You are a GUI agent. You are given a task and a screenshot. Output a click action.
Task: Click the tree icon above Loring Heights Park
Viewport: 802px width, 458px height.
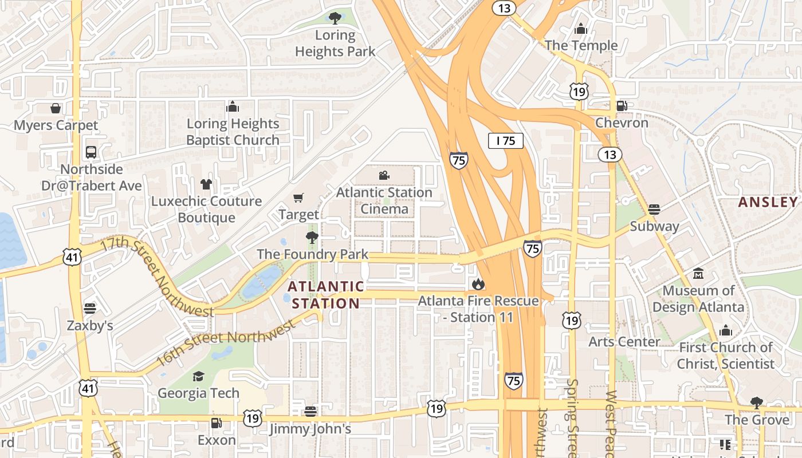[335, 18]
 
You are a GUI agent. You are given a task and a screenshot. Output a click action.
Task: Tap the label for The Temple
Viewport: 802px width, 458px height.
[581, 45]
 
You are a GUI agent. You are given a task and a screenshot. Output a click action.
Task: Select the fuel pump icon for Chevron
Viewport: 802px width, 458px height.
[622, 106]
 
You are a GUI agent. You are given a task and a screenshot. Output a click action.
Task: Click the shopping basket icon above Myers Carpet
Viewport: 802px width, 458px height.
[56, 108]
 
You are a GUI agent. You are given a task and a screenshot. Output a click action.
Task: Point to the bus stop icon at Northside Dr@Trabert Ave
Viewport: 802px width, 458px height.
[91, 152]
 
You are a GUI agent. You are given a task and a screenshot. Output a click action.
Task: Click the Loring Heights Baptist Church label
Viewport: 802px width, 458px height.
[233, 132]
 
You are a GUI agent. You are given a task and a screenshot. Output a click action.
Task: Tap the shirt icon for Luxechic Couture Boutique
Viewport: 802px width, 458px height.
[206, 184]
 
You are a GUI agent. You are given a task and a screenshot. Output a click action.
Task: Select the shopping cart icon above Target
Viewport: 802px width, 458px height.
[298, 198]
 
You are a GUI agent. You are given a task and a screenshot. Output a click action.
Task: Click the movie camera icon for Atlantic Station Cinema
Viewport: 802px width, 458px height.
[384, 176]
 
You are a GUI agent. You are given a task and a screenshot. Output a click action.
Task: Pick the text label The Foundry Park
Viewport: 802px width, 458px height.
[313, 254]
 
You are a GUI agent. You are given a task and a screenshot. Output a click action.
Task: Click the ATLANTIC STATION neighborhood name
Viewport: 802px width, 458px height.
[325, 295]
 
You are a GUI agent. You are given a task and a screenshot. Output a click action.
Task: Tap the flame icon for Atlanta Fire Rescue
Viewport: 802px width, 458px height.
[478, 284]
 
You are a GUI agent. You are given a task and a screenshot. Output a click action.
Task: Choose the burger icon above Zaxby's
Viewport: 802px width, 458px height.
[89, 309]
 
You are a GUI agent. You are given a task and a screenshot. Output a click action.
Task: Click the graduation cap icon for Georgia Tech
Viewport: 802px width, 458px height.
[198, 376]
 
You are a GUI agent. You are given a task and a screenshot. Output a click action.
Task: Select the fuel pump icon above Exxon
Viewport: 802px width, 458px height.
[217, 423]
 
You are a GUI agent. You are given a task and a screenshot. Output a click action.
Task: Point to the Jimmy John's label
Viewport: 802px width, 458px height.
[310, 429]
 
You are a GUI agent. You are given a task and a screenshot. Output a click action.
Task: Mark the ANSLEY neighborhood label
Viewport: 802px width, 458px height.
[768, 202]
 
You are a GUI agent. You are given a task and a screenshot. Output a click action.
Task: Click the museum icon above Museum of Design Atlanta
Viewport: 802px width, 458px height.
[698, 274]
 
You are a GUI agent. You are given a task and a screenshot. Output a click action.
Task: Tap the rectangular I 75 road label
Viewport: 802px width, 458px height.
[506, 141]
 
